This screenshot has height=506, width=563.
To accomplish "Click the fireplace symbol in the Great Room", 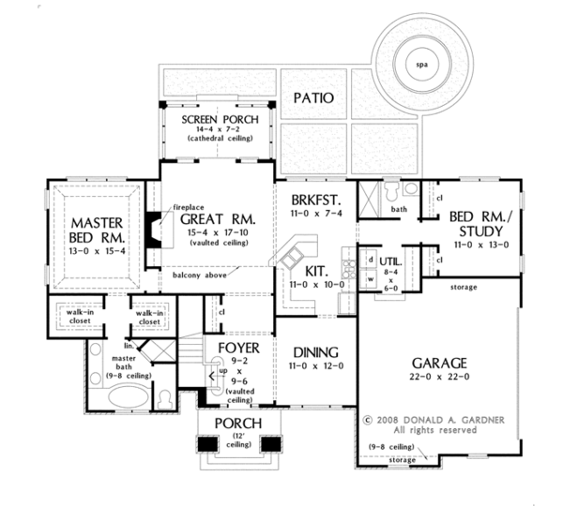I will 150,228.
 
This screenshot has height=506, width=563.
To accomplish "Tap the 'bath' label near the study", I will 397,210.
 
